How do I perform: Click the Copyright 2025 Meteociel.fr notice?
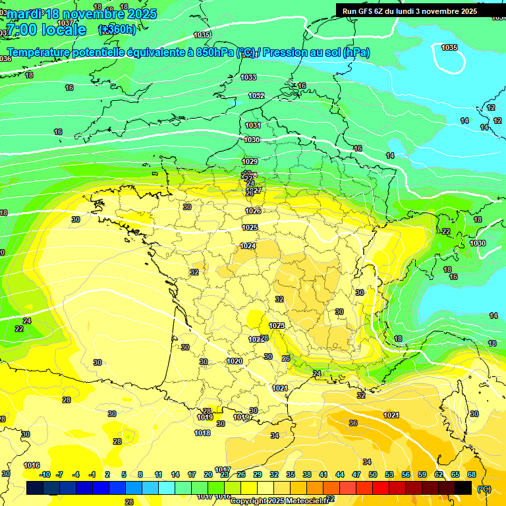pyautogui.click(x=279, y=501)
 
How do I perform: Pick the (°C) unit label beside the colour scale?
pyautogui.click(x=484, y=489)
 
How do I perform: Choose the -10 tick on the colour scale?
pyautogui.click(x=44, y=474)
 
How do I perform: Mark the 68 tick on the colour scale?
pyautogui.click(x=472, y=474)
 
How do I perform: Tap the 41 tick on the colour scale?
pyautogui.click(x=323, y=474)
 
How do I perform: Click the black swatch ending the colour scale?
pyautogui.click(x=463, y=488)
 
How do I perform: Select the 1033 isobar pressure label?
pyautogui.click(x=248, y=78)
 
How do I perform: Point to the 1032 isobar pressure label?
pyautogui.click(x=256, y=96)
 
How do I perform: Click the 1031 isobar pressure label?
pyautogui.click(x=253, y=125)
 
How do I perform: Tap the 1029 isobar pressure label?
pyautogui.click(x=250, y=161)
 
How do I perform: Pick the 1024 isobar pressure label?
pyautogui.click(x=248, y=246)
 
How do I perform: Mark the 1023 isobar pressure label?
pyautogui.click(x=277, y=325)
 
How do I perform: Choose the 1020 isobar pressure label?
pyautogui.click(x=235, y=361)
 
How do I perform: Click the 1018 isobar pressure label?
pyautogui.click(x=202, y=433)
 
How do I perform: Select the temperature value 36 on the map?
pyautogui.click(x=353, y=423)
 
